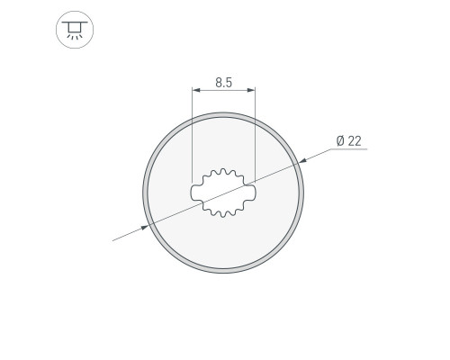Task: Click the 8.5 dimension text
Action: (x=224, y=83)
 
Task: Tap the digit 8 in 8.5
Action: (x=219, y=83)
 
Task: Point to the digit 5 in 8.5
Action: (x=229, y=83)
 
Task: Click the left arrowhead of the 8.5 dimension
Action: (x=196, y=90)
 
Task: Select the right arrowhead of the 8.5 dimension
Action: (x=251, y=90)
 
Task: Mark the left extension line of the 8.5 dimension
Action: (x=192, y=135)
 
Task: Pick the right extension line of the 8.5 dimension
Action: (x=255, y=135)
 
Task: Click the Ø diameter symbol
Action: (x=340, y=140)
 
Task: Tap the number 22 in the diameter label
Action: (x=355, y=140)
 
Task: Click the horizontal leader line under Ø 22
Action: (x=348, y=148)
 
